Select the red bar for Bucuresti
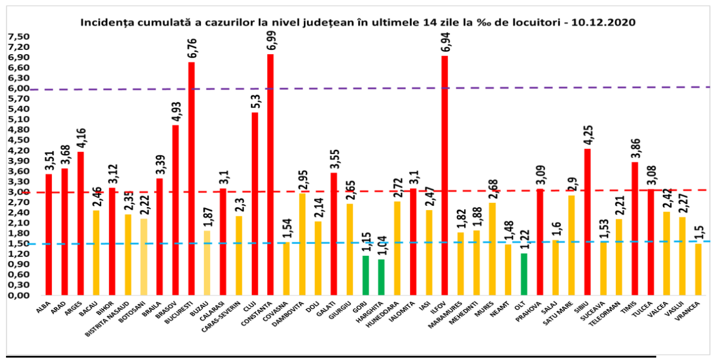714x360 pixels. click(191, 179)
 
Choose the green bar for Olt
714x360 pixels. click(524, 274)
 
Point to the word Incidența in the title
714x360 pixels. click(102, 23)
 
